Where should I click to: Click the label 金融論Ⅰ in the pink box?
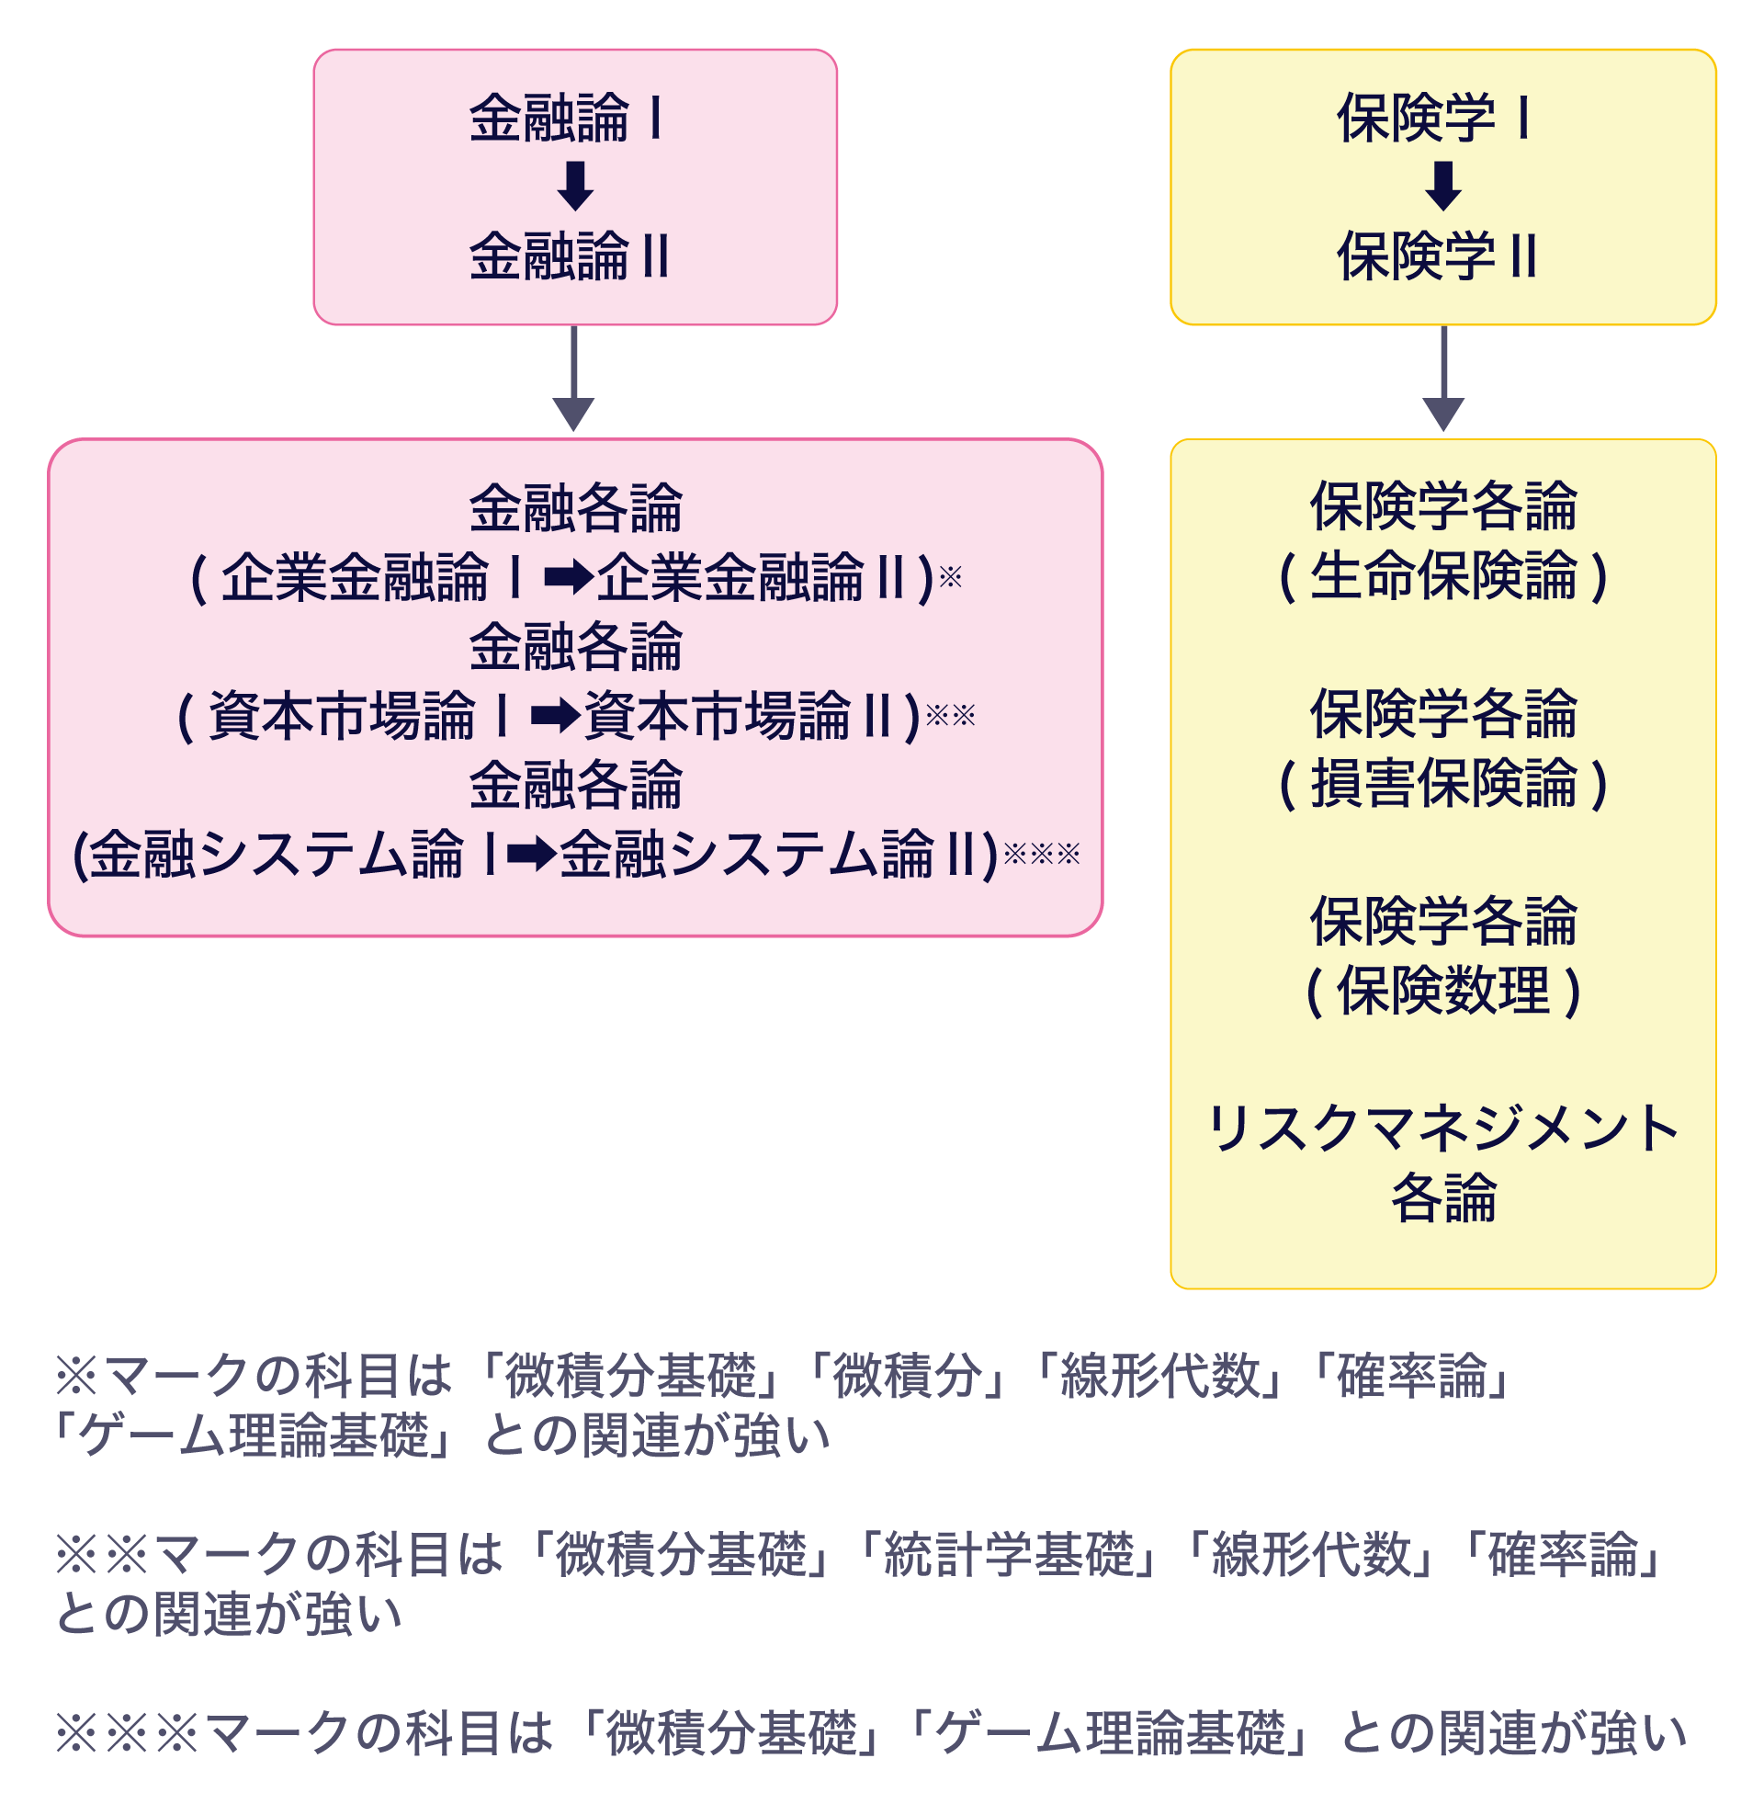pyautogui.click(x=567, y=119)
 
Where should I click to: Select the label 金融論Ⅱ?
pyautogui.click(x=569, y=256)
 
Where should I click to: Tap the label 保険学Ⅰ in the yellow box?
pyautogui.click(x=1434, y=119)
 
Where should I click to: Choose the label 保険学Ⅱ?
pyautogui.click(x=1437, y=256)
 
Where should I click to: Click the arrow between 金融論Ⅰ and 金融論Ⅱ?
pyautogui.click(x=575, y=187)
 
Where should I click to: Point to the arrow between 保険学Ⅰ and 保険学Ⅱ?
pyautogui.click(x=1443, y=187)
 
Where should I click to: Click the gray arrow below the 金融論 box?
pyautogui.click(x=573, y=380)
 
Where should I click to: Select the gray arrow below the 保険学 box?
pyautogui.click(x=1443, y=380)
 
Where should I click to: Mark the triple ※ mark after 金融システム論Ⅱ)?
pyautogui.click(x=1042, y=853)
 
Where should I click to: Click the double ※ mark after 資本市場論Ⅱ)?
pyautogui.click(x=951, y=714)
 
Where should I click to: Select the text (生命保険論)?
pyautogui.click(x=1442, y=576)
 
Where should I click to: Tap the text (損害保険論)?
pyautogui.click(x=1442, y=784)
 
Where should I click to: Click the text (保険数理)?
pyautogui.click(x=1442, y=992)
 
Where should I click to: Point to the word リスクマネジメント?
pyautogui.click(x=1442, y=1129)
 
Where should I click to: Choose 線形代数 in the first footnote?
pyautogui.click(x=1160, y=1376)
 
